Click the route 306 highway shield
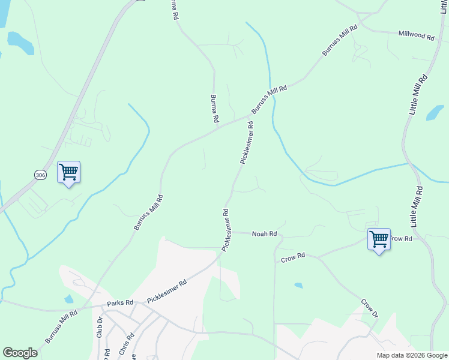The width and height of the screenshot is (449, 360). [x=40, y=175]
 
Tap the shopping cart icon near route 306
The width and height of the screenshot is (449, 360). [x=68, y=173]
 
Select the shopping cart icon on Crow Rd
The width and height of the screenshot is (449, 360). [x=379, y=239]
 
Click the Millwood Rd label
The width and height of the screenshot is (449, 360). [x=416, y=35]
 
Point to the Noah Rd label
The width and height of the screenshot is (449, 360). [x=264, y=233]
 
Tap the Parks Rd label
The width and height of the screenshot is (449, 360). [x=119, y=303]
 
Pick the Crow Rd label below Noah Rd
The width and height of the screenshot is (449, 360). [x=293, y=258]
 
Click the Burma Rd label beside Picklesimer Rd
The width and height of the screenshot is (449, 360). [x=214, y=109]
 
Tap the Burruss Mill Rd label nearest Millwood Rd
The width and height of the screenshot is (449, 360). [x=340, y=40]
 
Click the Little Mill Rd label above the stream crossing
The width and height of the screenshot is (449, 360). [x=418, y=95]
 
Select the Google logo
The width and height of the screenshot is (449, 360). [x=20, y=353]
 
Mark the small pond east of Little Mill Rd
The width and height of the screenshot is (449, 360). [x=435, y=112]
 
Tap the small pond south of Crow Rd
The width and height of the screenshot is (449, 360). [x=298, y=286]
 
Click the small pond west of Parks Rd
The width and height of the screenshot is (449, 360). [x=69, y=298]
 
